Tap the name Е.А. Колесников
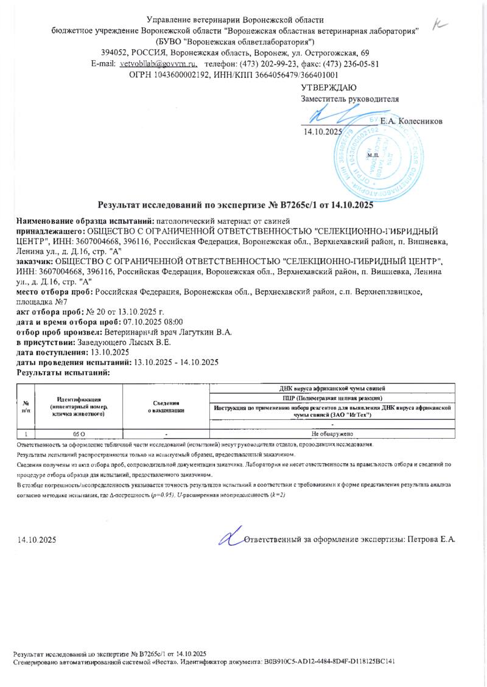click(x=411, y=121)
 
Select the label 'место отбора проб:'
click(x=54, y=292)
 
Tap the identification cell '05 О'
click(x=79, y=434)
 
